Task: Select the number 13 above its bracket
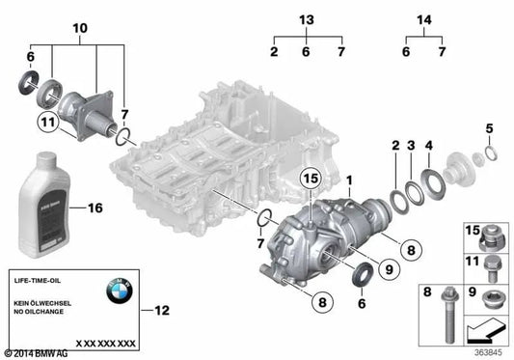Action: click(x=307, y=20)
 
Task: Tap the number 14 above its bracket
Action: click(x=423, y=20)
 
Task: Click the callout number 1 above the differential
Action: click(x=350, y=180)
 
